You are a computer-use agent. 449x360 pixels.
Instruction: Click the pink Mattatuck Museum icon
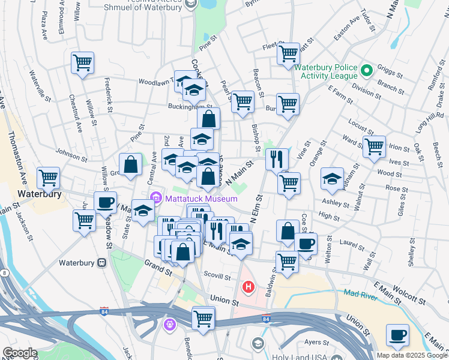click(155, 197)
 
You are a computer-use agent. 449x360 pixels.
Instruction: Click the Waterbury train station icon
click(102, 263)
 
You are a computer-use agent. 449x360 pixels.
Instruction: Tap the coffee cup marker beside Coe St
click(306, 243)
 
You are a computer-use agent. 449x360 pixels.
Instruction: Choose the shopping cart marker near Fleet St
click(288, 53)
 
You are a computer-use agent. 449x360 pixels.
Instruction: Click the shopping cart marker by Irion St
click(374, 146)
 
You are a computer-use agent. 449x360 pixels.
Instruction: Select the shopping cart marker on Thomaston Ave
click(48, 178)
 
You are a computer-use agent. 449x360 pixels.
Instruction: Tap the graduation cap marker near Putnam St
click(332, 178)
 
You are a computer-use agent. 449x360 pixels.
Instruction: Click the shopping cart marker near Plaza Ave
click(82, 62)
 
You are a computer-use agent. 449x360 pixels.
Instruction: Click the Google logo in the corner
click(20, 353)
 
